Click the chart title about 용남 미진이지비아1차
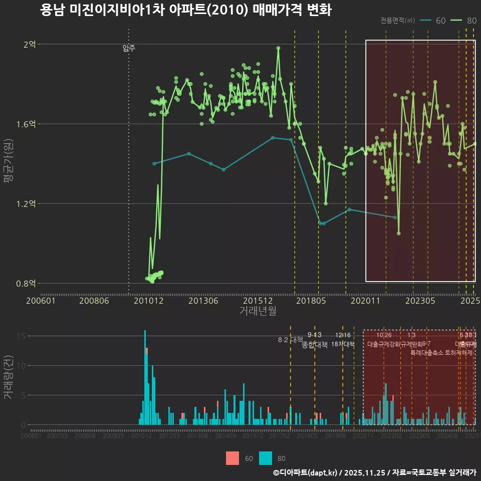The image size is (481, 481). (x=185, y=10)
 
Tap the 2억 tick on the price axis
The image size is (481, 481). (x=30, y=44)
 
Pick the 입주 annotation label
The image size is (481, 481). (x=129, y=48)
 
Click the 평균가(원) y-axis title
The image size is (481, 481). (x=9, y=163)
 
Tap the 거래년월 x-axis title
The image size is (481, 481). (x=258, y=311)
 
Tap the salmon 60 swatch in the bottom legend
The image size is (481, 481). (x=232, y=458)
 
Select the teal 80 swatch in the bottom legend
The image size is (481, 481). (x=266, y=458)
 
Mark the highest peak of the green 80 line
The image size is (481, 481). (x=278, y=48)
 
